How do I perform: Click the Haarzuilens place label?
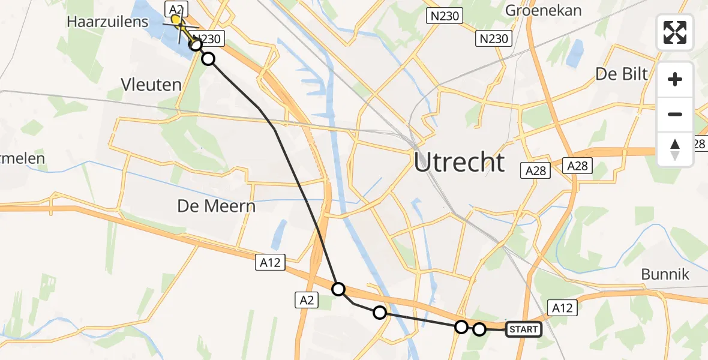coord(107,22)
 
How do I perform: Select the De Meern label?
coord(216,206)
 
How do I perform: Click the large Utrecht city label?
coord(460,163)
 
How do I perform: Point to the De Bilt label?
coord(622,74)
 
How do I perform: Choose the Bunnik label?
coord(665,275)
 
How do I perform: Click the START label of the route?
coord(524,329)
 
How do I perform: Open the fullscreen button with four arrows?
coord(675,32)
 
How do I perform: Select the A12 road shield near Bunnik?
coord(562,308)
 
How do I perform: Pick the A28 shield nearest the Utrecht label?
coord(535,171)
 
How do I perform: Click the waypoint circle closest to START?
coord(479,329)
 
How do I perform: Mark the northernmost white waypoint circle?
coord(196,44)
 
